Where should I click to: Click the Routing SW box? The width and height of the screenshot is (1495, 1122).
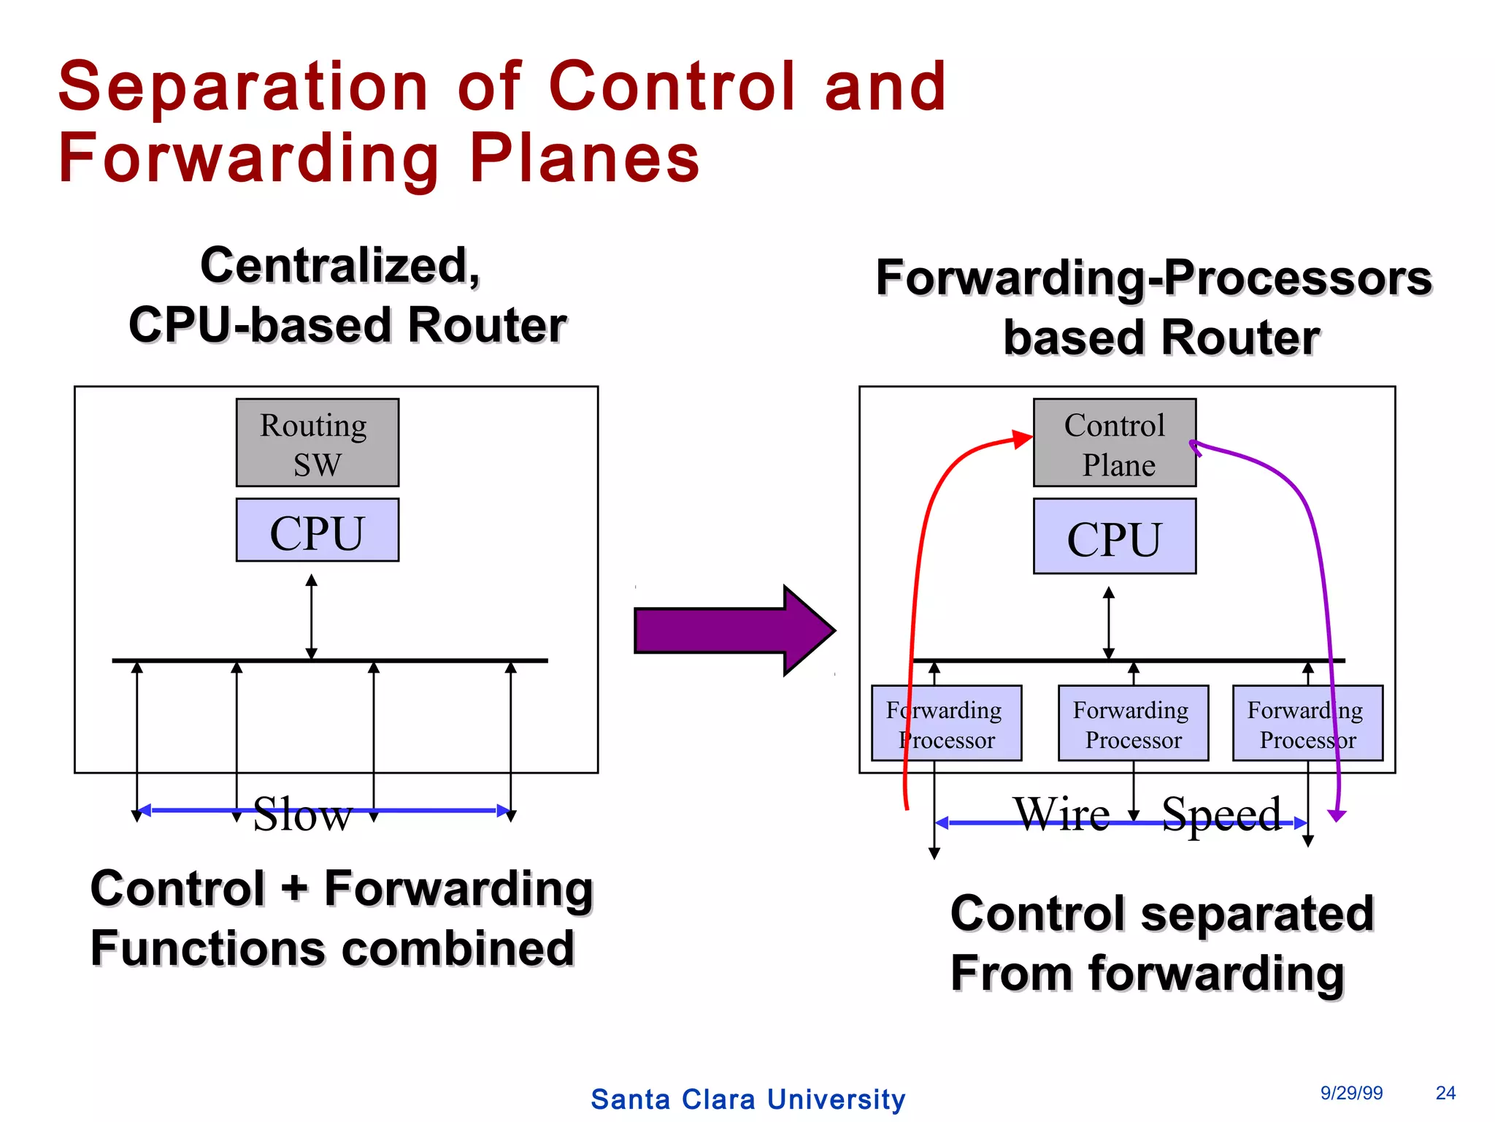pyautogui.click(x=317, y=443)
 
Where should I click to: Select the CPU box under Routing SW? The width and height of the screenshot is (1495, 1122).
pyautogui.click(x=317, y=530)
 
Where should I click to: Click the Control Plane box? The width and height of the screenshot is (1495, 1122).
pyautogui.click(x=1114, y=443)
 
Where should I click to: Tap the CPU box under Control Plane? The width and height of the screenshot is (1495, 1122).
pyautogui.click(x=1114, y=537)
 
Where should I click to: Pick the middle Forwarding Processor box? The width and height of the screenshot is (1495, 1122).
pyautogui.click(x=1133, y=723)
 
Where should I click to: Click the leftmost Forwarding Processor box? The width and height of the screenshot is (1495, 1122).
pyautogui.click(x=946, y=723)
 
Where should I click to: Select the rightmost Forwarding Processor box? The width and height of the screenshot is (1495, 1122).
pyautogui.click(x=1307, y=723)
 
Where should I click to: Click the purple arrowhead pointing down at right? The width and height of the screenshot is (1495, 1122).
pyautogui.click(x=1337, y=815)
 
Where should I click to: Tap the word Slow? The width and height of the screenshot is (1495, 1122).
pyautogui.click(x=302, y=814)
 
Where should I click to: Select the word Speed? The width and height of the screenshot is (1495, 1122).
pyautogui.click(x=1221, y=814)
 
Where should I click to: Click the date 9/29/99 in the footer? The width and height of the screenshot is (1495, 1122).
pyautogui.click(x=1351, y=1093)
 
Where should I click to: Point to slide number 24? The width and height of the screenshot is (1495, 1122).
pyautogui.click(x=1445, y=1093)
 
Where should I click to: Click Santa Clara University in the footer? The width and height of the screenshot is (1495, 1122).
pyautogui.click(x=747, y=1099)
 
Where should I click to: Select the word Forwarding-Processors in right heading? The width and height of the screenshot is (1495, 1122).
pyautogui.click(x=1153, y=278)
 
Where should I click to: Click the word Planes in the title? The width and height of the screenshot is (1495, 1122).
pyautogui.click(x=584, y=158)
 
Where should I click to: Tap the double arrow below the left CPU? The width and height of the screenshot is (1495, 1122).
pyautogui.click(x=312, y=617)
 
